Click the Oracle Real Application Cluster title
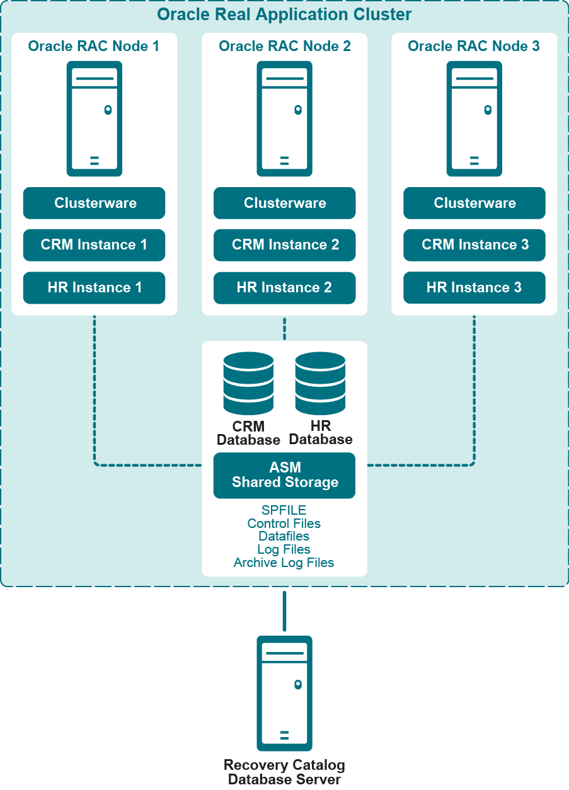(284, 14)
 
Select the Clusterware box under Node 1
(95, 203)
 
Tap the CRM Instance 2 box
(285, 245)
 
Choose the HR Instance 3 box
(474, 288)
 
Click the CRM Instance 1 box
(95, 245)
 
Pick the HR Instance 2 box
(285, 288)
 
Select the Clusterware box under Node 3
(474, 203)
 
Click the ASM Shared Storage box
(285, 475)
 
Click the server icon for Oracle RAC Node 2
(285, 118)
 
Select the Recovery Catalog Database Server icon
(285, 692)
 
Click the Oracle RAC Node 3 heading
(474, 46)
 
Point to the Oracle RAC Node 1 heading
(94, 46)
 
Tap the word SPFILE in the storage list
(284, 510)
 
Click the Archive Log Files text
(284, 563)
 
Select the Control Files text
(284, 524)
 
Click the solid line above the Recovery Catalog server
(285, 610)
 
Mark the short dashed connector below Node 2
(285, 328)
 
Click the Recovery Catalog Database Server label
(285, 772)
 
